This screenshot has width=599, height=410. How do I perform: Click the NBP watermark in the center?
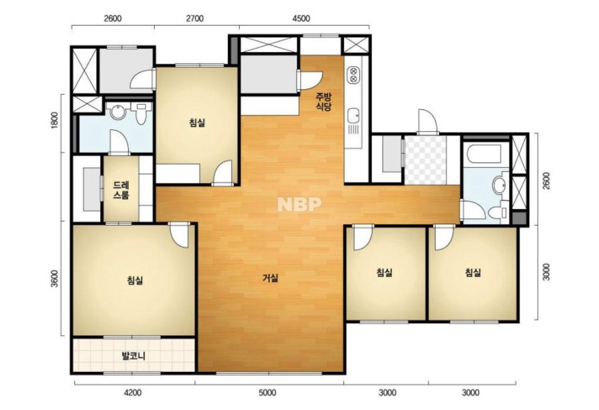click(299, 205)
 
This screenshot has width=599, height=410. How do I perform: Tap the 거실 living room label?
click(270, 278)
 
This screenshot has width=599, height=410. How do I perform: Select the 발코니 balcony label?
click(133, 356)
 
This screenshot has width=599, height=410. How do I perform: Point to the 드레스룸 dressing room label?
click(121, 190)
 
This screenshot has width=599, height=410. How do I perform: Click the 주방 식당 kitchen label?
click(324, 102)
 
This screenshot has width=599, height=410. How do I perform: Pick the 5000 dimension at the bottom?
click(267, 393)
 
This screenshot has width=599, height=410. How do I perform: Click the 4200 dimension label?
click(133, 393)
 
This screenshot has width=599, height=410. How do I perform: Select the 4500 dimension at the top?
click(301, 18)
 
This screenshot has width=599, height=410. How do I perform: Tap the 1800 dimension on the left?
click(54, 120)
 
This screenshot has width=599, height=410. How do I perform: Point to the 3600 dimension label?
click(54, 279)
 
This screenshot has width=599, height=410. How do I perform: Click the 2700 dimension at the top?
click(195, 18)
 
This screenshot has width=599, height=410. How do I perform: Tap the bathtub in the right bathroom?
click(484, 154)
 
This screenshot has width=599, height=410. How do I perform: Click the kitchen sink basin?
click(353, 116)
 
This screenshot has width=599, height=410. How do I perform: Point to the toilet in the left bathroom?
click(141, 114)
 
